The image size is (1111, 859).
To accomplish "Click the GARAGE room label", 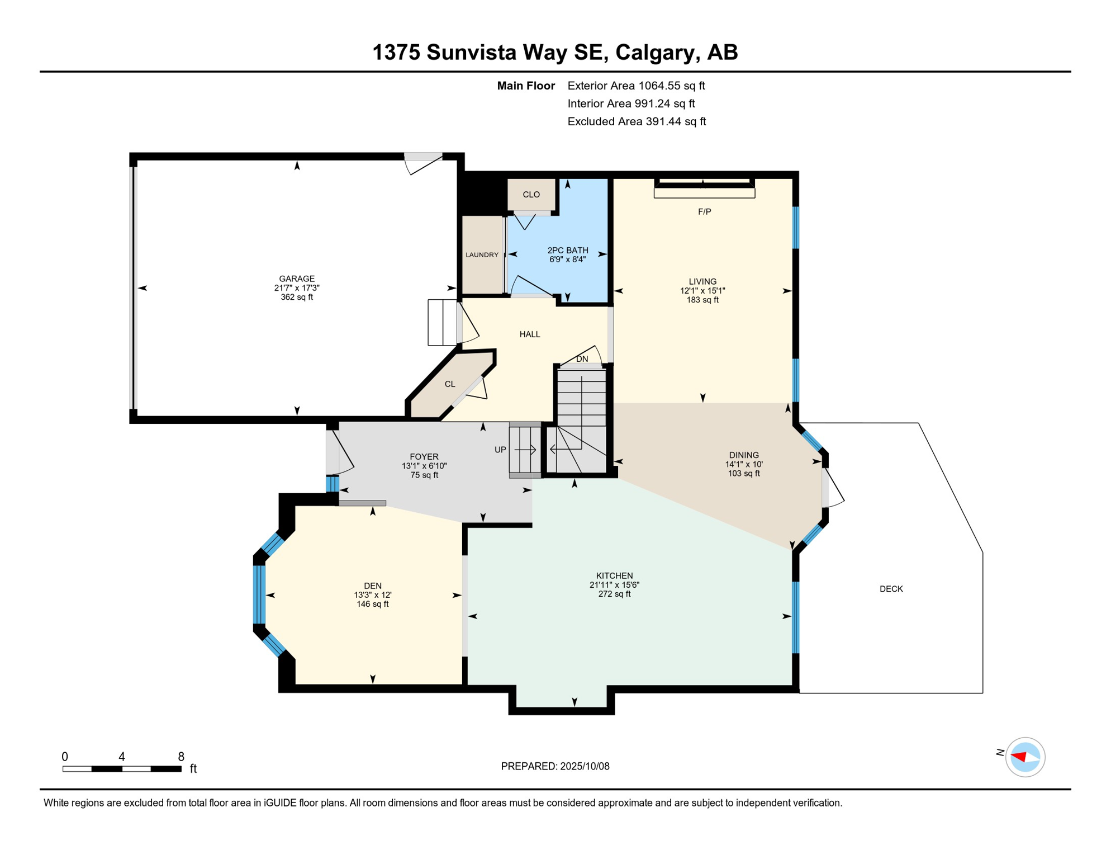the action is (297, 279).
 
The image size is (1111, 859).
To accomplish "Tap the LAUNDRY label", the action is (482, 255).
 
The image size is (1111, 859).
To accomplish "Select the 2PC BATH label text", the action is (568, 251).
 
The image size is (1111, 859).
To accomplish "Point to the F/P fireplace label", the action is (704, 212).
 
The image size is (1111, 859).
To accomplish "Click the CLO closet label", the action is (531, 195).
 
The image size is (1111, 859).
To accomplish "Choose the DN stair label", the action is (582, 359).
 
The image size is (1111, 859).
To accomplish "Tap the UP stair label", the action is (500, 450).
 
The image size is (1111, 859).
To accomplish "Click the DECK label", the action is (891, 589).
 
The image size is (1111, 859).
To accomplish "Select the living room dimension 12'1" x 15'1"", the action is (702, 291).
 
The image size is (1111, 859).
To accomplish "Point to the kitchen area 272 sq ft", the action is (614, 594).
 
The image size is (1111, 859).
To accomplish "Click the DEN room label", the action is (373, 586).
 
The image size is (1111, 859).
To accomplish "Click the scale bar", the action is (122, 769).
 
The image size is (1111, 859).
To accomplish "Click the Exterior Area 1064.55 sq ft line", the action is (636, 86).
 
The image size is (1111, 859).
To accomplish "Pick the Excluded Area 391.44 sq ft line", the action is (637, 121).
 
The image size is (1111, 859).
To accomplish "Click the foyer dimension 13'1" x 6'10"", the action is (424, 466).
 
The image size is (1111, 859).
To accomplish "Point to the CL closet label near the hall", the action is (450, 384).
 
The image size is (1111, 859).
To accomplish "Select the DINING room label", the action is (744, 455).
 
